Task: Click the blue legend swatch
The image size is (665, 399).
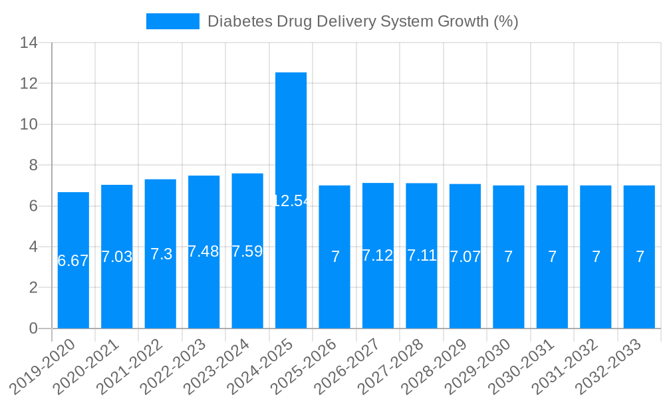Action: coord(173,21)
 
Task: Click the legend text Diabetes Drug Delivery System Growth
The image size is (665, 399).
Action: coord(362,21)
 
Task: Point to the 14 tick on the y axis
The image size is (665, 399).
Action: coord(29,43)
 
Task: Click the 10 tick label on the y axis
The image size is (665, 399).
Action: coord(29,124)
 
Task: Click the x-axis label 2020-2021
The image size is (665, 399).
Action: coord(86,366)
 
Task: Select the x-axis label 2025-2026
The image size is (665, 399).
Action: coord(305,366)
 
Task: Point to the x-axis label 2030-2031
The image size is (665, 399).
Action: coord(522,366)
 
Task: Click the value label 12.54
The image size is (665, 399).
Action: coord(291,201)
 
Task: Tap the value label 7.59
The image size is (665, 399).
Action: coord(247,252)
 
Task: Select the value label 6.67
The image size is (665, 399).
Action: coord(73,261)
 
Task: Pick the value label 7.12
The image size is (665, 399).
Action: coord(378,255)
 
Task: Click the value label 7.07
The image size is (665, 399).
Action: coord(465,257)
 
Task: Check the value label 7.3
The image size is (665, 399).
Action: coord(161,254)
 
